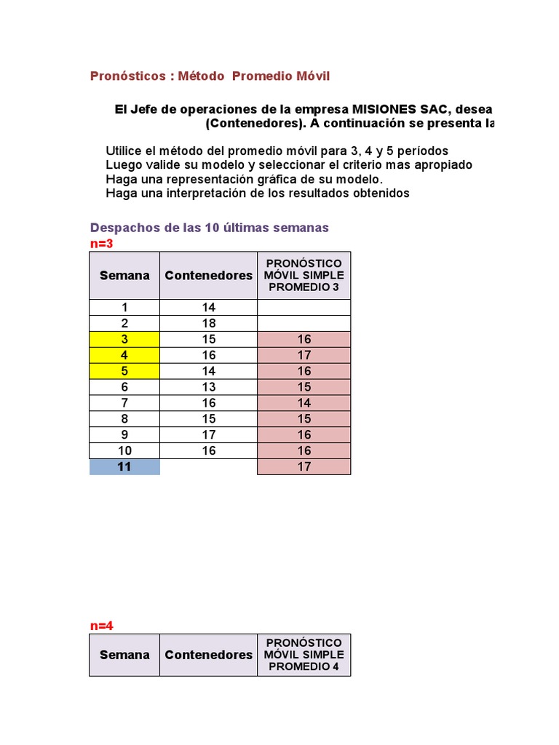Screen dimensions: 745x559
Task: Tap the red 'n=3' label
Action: (x=102, y=244)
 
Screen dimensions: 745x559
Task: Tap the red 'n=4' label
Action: (x=102, y=626)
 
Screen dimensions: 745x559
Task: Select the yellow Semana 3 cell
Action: (x=124, y=339)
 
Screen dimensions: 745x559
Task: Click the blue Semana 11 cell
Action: (x=124, y=466)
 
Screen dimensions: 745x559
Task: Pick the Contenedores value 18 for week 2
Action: (x=209, y=323)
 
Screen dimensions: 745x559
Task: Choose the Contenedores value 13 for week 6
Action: (x=209, y=387)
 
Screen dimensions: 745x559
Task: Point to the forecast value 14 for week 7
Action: (x=304, y=403)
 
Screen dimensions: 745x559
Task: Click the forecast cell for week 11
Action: (x=304, y=466)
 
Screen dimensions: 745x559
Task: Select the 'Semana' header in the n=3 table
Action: (x=124, y=275)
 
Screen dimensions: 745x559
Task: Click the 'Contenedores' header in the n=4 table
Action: (x=209, y=655)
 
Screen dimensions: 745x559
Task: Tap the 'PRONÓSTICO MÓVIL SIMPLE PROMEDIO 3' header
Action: (x=304, y=275)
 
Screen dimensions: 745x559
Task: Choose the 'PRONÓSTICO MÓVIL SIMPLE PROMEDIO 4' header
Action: (x=304, y=655)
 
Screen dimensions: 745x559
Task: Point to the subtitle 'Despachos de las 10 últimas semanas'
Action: (x=209, y=228)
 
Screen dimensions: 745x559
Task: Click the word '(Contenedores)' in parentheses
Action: (x=255, y=124)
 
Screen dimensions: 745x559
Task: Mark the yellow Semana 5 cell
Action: (x=124, y=371)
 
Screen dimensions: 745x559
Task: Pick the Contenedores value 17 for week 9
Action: (x=209, y=434)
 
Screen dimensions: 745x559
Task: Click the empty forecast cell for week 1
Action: (x=304, y=307)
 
